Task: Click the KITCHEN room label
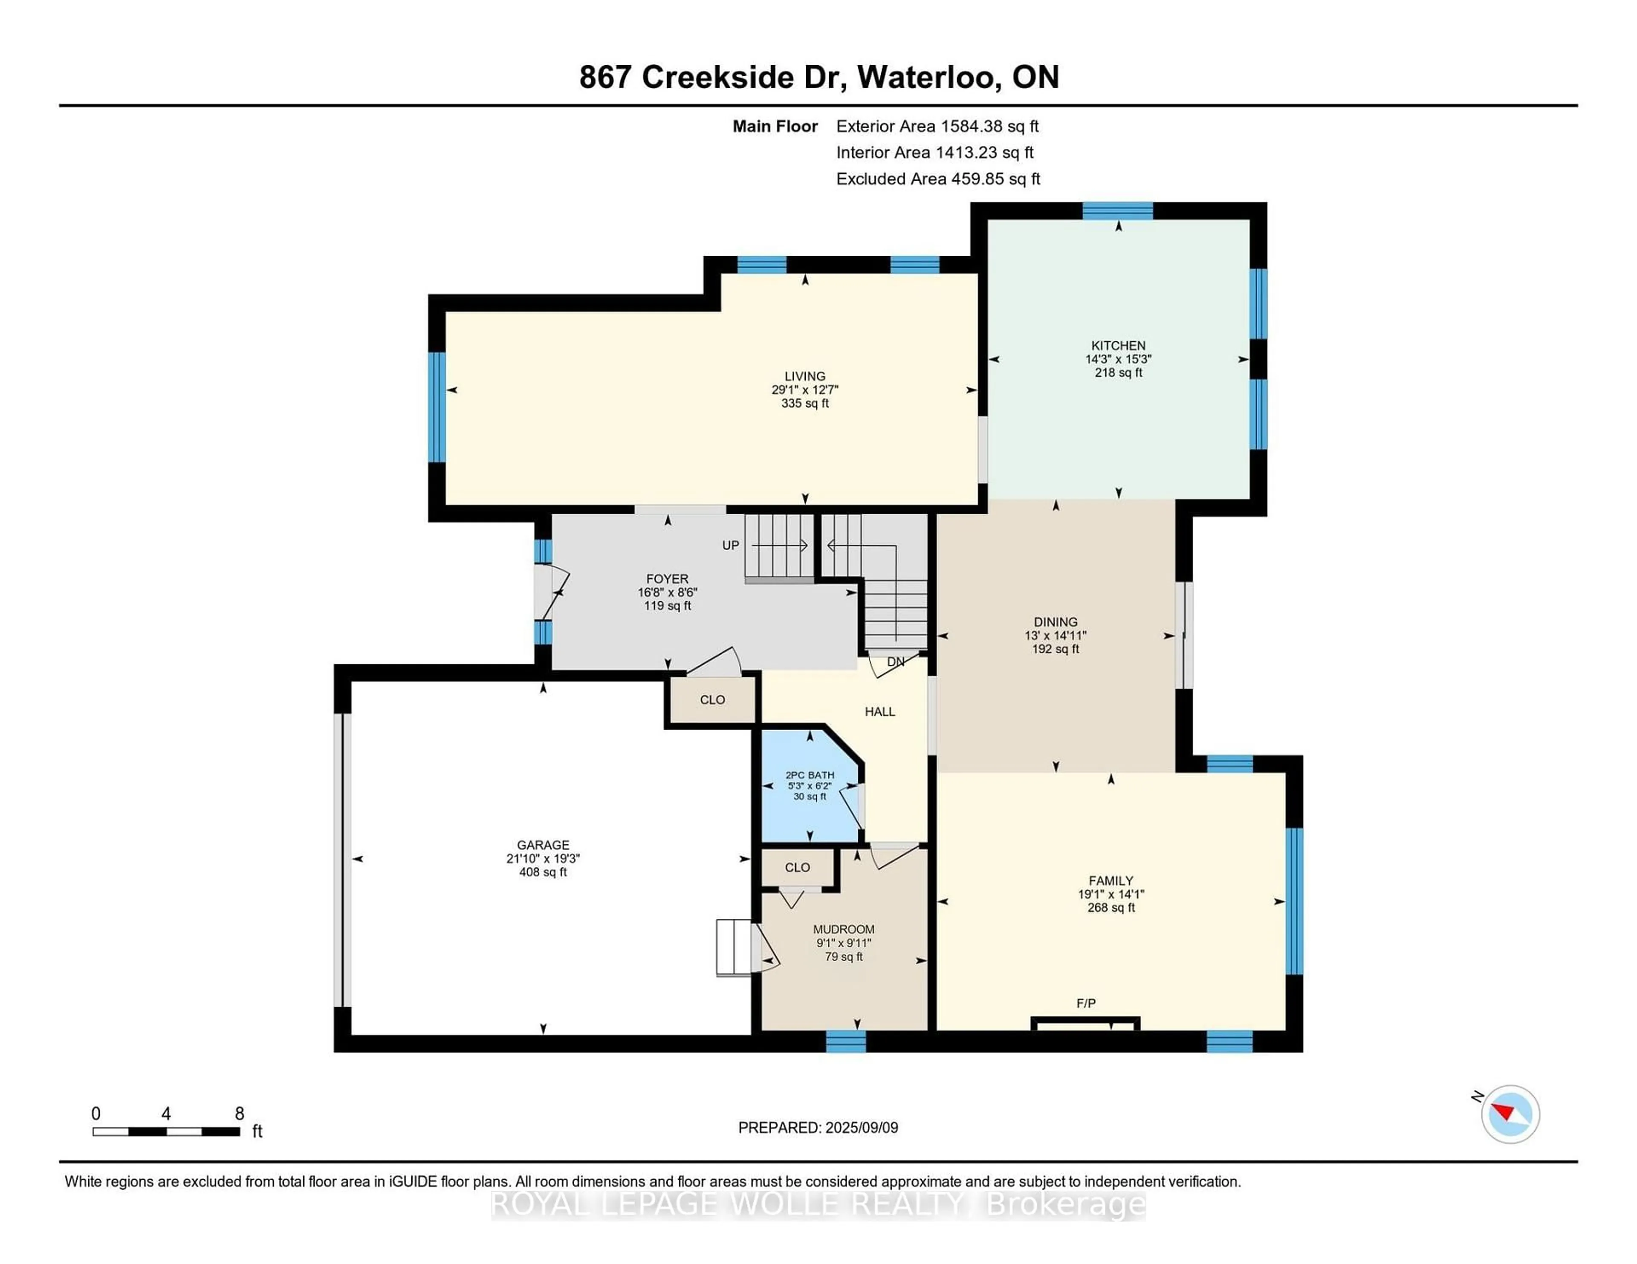pyautogui.click(x=1118, y=346)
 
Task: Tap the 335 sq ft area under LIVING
pyautogui.click(x=805, y=403)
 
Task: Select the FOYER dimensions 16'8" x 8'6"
pyautogui.click(x=667, y=592)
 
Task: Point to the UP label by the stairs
pyautogui.click(x=730, y=545)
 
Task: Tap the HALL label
pyautogui.click(x=880, y=711)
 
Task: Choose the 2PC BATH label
pyautogui.click(x=810, y=775)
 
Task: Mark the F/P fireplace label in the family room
pyautogui.click(x=1085, y=1002)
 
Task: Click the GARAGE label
pyautogui.click(x=543, y=844)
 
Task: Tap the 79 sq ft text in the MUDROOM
pyautogui.click(x=843, y=957)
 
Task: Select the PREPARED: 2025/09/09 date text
pyautogui.click(x=818, y=1128)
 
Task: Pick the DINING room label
pyautogui.click(x=1056, y=622)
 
